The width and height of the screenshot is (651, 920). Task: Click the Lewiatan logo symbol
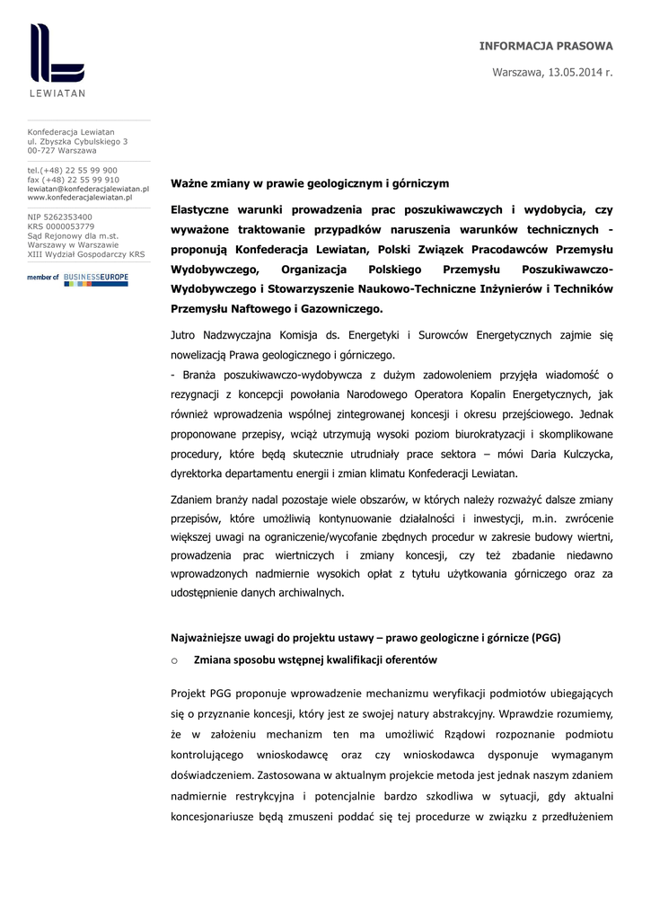[x=57, y=53]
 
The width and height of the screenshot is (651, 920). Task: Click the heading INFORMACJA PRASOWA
[x=546, y=46]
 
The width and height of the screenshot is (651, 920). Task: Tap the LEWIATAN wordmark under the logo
[x=57, y=93]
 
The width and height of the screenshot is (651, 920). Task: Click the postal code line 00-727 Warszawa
[x=62, y=150]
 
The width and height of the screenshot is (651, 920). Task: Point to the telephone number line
[x=73, y=170]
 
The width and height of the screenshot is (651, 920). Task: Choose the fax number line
[x=74, y=180]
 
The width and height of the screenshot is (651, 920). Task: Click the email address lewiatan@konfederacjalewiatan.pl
[x=88, y=189]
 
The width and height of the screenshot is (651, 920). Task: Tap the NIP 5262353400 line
[x=59, y=217]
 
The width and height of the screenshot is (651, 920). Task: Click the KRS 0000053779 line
[x=61, y=226]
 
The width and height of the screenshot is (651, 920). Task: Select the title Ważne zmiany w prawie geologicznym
[x=310, y=183]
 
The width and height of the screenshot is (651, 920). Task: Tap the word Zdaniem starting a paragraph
[x=194, y=499]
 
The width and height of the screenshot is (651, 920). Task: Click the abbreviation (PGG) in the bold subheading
[x=545, y=639]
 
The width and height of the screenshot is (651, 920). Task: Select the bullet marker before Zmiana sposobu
[x=174, y=660]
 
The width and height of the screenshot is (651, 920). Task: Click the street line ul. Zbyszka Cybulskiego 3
[x=77, y=141]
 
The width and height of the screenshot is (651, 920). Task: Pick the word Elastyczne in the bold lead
[x=202, y=209]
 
